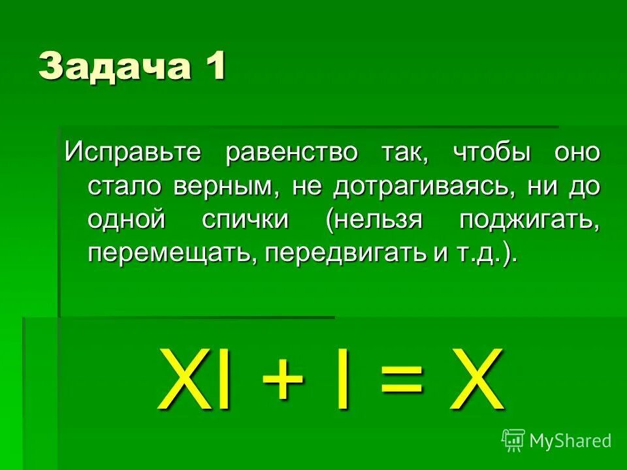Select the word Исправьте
(x=136, y=153)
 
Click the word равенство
(x=292, y=153)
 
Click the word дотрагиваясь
(x=420, y=187)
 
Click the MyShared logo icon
(x=513, y=441)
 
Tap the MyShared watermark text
(x=570, y=441)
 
